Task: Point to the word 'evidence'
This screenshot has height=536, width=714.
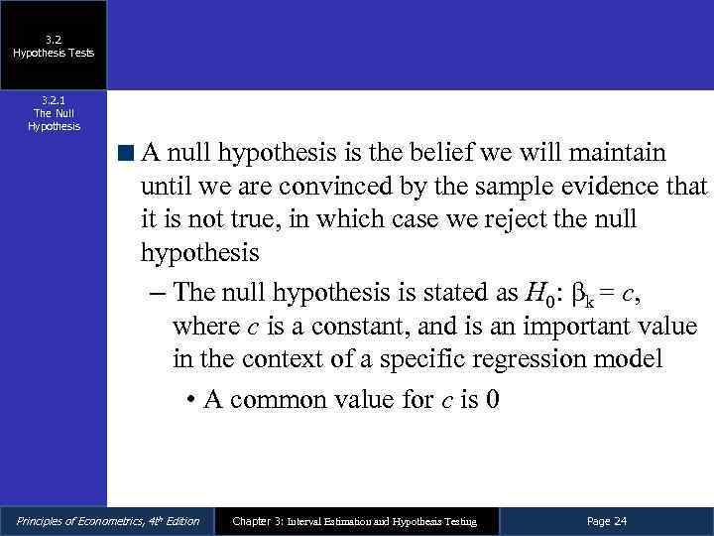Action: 616,187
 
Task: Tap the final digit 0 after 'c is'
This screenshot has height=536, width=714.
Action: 492,399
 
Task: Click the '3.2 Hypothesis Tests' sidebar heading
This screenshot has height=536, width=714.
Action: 54,46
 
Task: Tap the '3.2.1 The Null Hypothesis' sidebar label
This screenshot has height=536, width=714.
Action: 54,113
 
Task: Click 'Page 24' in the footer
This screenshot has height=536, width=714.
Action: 607,521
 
